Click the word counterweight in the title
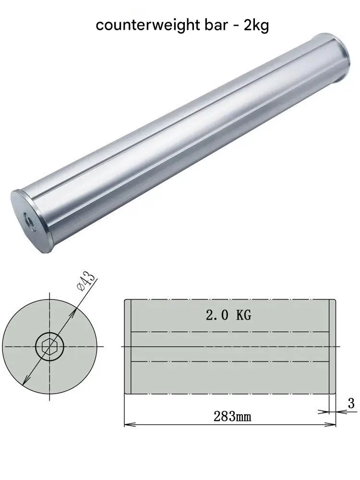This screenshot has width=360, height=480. [142, 25]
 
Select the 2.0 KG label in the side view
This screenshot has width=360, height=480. [228, 315]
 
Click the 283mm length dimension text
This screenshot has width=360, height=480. [232, 416]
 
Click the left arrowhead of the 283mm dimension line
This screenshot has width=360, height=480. [128, 424]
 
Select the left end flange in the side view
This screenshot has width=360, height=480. [128, 346]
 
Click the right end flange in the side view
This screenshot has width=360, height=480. [333, 346]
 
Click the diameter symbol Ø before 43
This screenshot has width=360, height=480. [80, 287]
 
